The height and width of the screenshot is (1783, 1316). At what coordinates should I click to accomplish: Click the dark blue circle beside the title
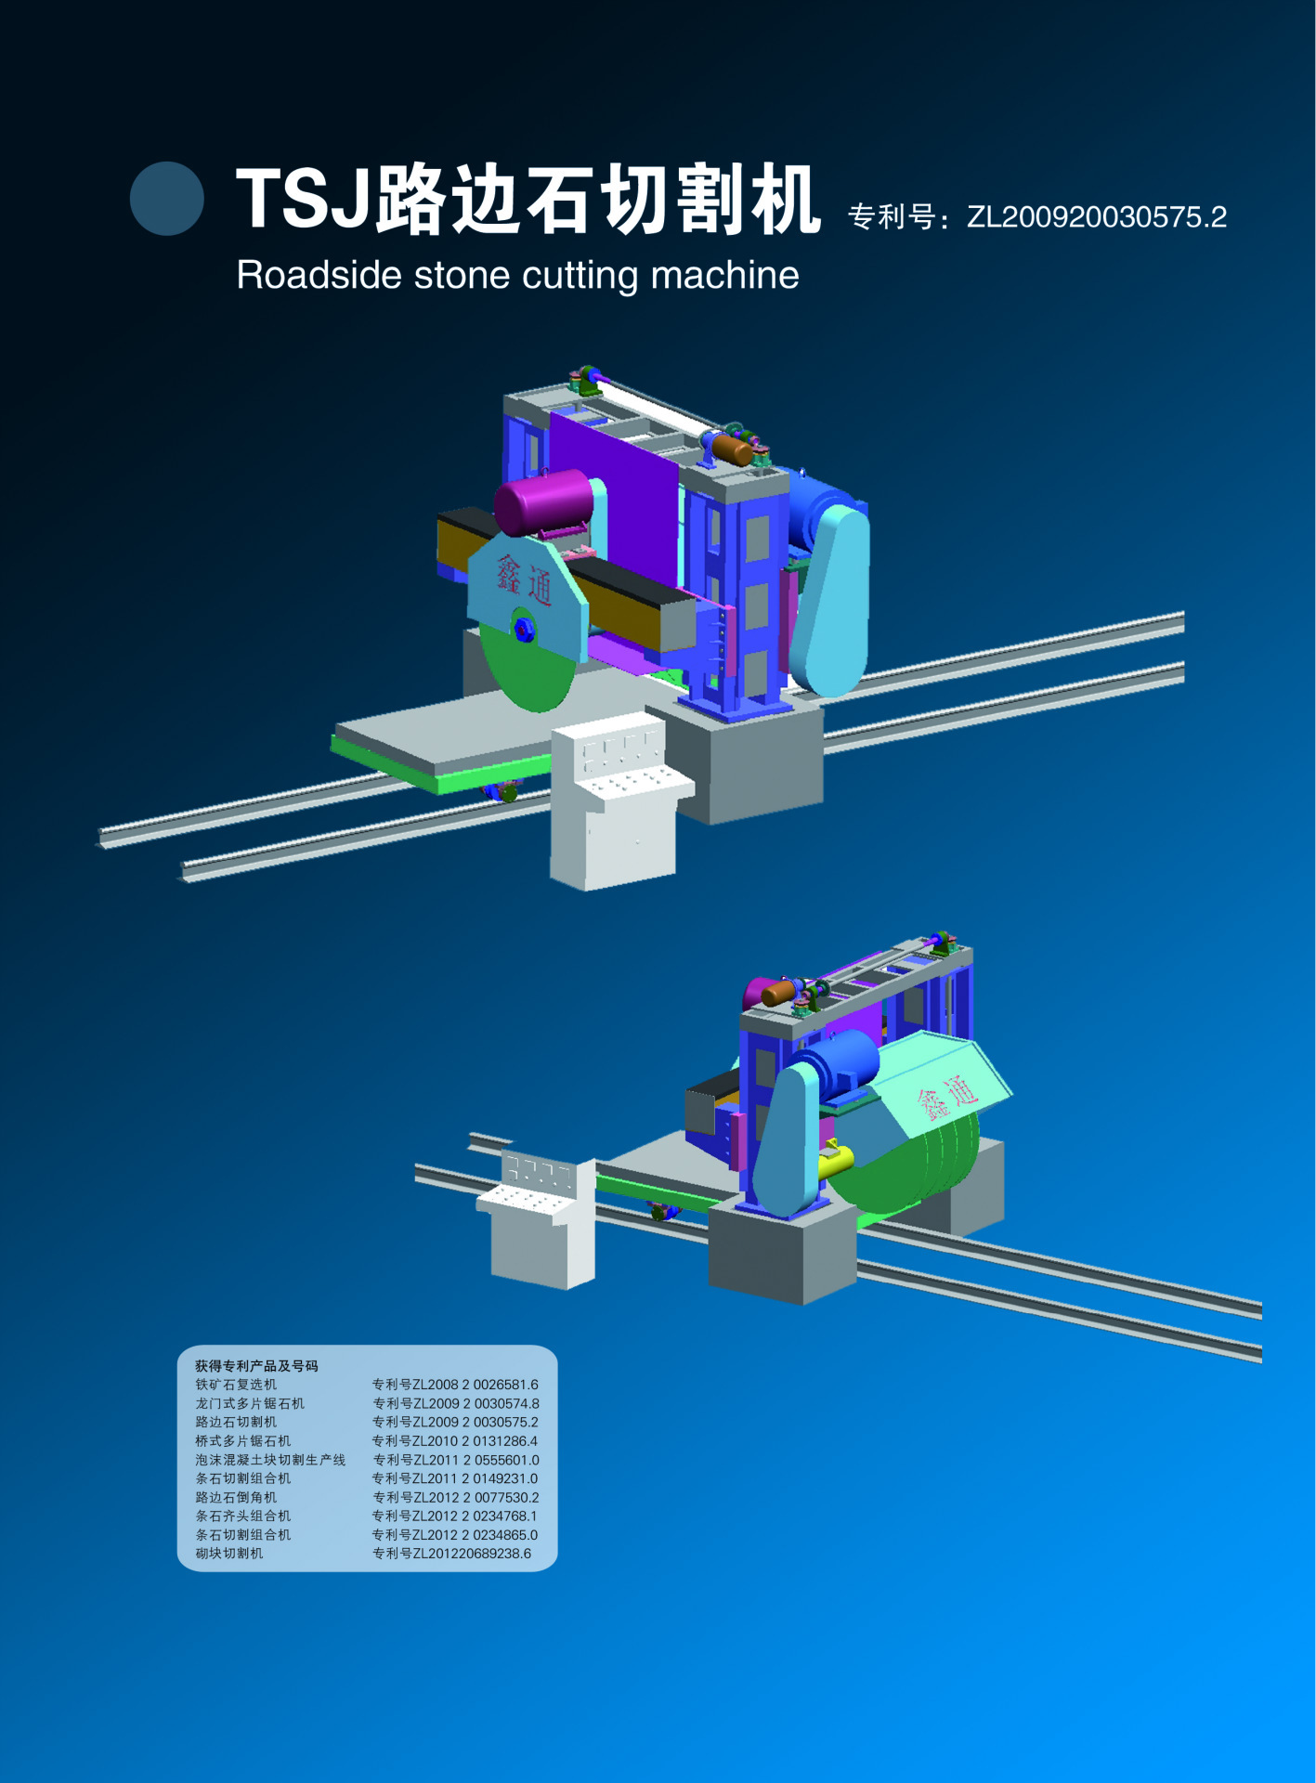point(167,199)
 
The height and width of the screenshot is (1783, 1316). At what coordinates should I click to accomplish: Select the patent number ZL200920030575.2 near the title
point(1096,217)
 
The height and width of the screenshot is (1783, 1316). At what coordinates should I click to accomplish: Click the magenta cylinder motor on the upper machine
point(544,502)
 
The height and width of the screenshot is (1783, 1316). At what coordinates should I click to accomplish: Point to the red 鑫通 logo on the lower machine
point(947,1097)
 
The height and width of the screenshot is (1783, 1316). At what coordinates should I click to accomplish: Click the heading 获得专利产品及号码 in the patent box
point(256,1366)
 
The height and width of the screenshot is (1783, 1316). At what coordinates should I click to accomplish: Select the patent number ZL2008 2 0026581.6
point(455,1385)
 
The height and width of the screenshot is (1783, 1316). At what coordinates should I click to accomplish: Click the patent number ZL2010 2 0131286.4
point(455,1441)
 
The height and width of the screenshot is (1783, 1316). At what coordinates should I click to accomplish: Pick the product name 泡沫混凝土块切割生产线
point(270,1460)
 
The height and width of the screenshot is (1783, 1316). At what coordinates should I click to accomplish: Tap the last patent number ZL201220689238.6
point(451,1554)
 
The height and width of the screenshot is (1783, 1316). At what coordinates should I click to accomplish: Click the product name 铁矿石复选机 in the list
point(236,1385)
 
